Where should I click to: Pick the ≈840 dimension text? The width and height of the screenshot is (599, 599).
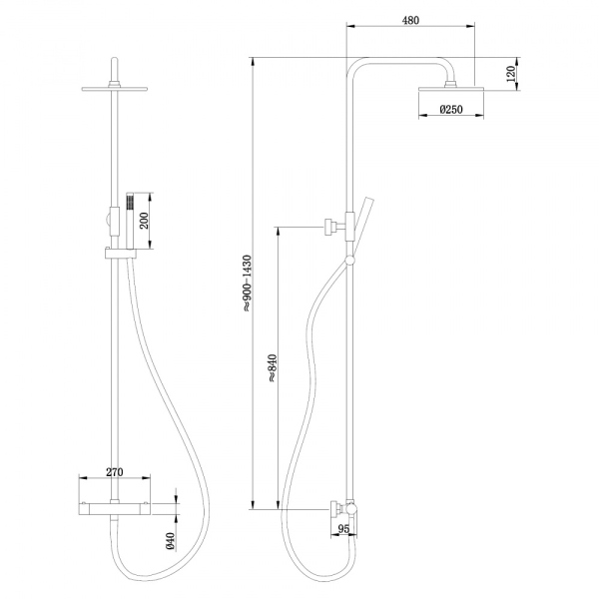click(272, 368)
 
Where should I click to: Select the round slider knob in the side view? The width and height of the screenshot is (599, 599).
click(348, 262)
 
